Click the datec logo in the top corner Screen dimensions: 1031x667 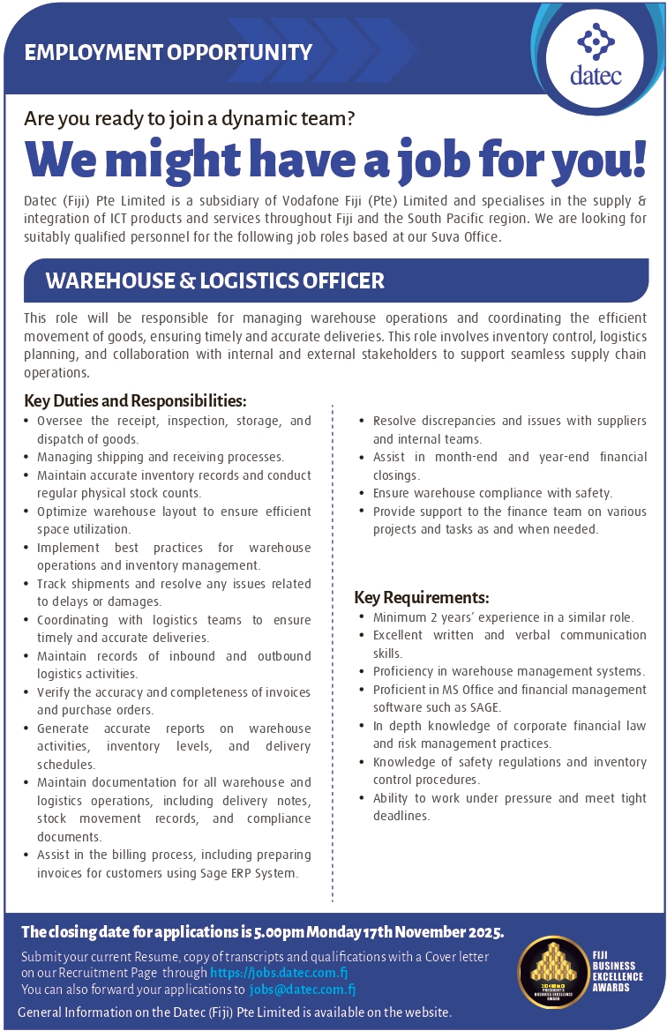[x=595, y=57]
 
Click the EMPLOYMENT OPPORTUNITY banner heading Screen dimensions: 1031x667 [x=169, y=53]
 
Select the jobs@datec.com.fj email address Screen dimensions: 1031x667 [x=303, y=990]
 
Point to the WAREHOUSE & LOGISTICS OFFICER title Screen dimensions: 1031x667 [x=215, y=281]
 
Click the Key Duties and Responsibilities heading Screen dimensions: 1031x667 [x=129, y=401]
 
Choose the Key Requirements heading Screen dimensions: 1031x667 [x=422, y=597]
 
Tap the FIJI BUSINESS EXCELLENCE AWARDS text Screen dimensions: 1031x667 [x=618, y=970]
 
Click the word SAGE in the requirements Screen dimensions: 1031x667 [x=484, y=707]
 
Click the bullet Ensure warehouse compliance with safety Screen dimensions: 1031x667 [x=492, y=493]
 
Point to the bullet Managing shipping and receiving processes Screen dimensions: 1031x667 [x=161, y=457]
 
